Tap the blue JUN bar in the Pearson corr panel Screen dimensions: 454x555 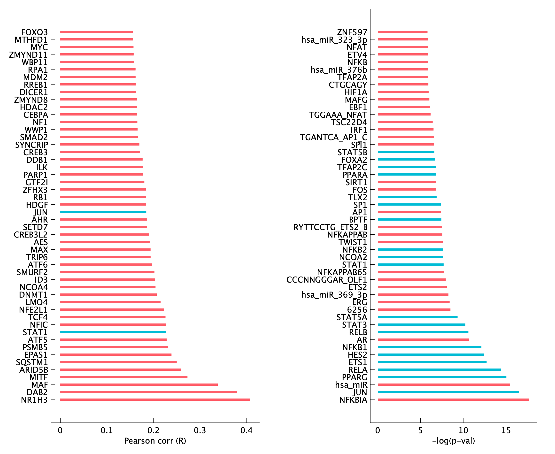tap(103, 212)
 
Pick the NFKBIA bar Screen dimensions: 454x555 tap(453, 400)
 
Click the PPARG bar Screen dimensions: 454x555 tap(442, 377)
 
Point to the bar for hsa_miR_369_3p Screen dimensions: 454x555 tap(413, 294)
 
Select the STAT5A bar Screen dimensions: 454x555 tap(417, 317)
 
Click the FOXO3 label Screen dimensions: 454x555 tap(35, 32)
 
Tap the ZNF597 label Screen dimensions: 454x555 tap(352, 32)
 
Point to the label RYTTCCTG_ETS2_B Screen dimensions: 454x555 tap(330, 227)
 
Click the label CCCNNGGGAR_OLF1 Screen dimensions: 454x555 tap(327, 280)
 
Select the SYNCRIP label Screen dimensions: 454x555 tap(32, 145)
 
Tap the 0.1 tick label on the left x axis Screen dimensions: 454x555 tap(107, 431)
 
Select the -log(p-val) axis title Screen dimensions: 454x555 tap(453, 441)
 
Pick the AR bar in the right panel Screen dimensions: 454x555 tap(423, 339)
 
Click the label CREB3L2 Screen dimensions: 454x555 tap(31, 235)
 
